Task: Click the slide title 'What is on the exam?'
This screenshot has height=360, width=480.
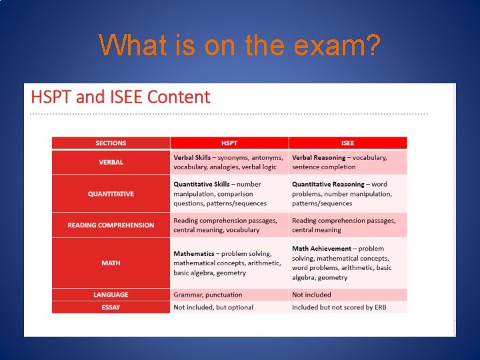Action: point(240,45)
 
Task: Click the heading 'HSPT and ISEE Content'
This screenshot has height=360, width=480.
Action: point(121,97)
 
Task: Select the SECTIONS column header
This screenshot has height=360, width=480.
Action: point(111,143)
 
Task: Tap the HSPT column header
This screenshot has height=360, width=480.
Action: point(229,143)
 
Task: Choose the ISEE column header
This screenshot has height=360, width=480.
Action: point(347,143)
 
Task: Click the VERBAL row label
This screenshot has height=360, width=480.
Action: point(111,162)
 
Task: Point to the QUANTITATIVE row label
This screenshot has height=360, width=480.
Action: point(111,194)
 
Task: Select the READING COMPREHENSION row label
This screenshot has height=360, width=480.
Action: point(111,225)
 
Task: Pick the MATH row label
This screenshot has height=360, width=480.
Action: point(111,263)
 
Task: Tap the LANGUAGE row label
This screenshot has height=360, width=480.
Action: point(111,295)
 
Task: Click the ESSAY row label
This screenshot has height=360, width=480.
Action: point(111,307)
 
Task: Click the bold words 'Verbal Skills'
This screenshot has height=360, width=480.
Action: point(193,158)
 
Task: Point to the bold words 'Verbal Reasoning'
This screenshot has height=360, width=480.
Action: point(319,158)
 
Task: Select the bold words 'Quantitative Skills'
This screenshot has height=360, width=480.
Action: point(201,185)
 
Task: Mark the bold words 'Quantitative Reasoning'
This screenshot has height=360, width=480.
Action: point(328,185)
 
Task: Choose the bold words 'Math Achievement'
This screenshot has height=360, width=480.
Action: point(321,249)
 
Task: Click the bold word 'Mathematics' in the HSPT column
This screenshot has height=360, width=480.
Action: point(194,254)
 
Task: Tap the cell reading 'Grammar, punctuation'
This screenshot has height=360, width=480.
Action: point(208,295)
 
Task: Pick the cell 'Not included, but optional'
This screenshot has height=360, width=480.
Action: point(213,307)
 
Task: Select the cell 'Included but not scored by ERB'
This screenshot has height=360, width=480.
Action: point(339,307)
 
